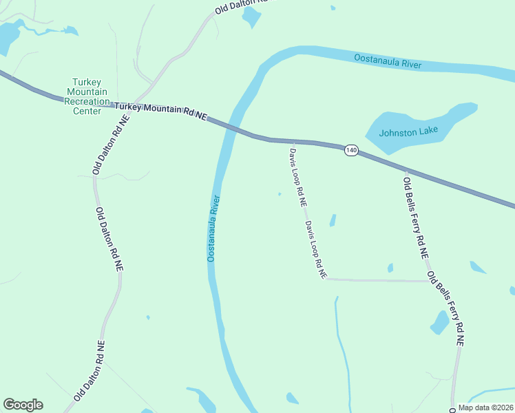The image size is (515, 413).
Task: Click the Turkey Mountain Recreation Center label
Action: [x=86, y=96]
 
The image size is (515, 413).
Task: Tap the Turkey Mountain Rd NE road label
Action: [x=160, y=110]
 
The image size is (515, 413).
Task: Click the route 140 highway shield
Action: [x=352, y=150]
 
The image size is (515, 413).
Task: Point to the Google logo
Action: [x=23, y=405]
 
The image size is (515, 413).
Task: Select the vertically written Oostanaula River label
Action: [x=213, y=229]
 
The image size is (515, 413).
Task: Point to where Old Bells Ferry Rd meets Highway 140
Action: [x=406, y=171]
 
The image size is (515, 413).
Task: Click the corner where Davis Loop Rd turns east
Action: [x=328, y=279]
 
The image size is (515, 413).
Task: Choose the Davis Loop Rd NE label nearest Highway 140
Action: [x=298, y=178]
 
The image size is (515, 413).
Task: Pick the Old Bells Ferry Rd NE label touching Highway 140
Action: [x=416, y=217]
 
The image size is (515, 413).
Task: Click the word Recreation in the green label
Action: [x=86, y=101]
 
